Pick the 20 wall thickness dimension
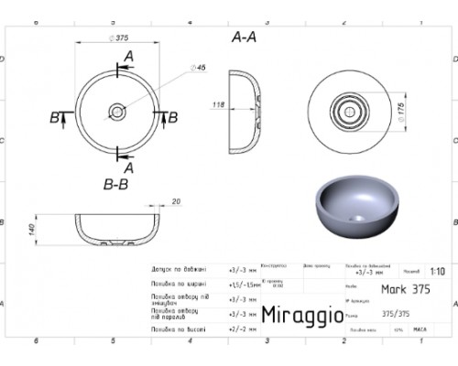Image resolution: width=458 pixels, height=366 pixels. point(174,202)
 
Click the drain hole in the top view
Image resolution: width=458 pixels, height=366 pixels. point(118,113)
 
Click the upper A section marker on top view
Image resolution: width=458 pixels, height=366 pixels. point(128,57)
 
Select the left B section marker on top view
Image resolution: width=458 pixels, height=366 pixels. point(56,116)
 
